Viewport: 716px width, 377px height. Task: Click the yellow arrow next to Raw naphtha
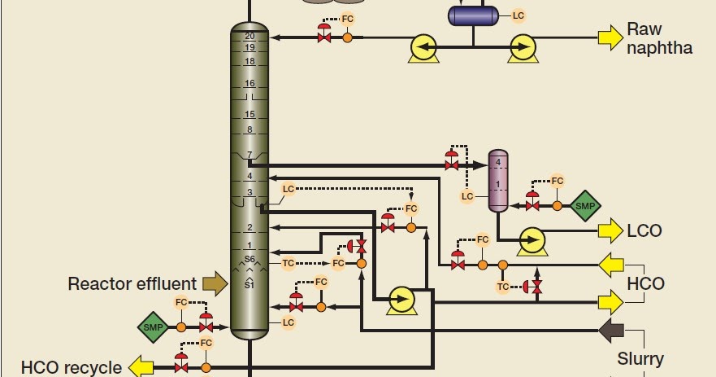tap(610, 37)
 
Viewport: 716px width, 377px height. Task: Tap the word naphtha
tap(659, 49)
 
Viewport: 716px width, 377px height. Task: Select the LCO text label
tap(644, 231)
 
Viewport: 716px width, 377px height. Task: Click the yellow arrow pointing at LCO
tap(610, 231)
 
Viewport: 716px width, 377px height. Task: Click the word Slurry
tap(640, 358)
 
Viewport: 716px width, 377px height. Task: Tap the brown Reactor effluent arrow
tap(215, 283)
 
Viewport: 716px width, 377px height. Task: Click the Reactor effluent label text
tap(132, 284)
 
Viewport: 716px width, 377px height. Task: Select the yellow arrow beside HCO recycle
tap(141, 366)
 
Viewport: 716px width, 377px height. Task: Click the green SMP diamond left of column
tap(150, 327)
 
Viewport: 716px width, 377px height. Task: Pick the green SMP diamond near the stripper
tap(585, 206)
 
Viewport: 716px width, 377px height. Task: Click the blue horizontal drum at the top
tap(476, 15)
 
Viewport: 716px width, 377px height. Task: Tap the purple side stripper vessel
tap(498, 181)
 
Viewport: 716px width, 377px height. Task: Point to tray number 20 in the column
tap(250, 37)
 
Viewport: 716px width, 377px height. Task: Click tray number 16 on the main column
tap(250, 84)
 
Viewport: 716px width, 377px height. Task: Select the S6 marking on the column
tap(250, 260)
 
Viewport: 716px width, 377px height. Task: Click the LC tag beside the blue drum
tap(518, 15)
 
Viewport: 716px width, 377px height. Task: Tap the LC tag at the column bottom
tap(288, 323)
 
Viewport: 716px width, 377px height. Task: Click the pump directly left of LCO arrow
tap(532, 239)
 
